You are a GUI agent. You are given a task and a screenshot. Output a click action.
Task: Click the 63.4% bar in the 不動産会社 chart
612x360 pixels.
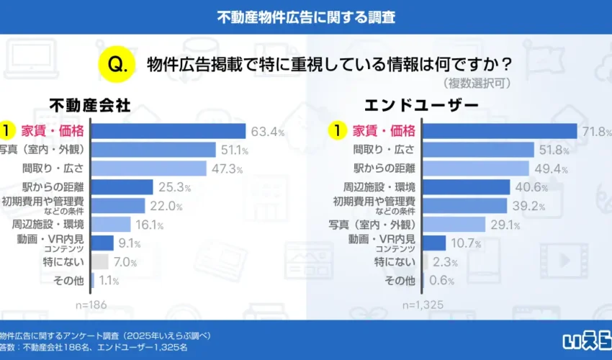(x=169, y=131)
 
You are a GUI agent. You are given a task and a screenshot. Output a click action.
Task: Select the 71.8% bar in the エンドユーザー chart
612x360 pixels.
(x=499, y=131)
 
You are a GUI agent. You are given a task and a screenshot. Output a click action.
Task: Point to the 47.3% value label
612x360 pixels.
(x=227, y=169)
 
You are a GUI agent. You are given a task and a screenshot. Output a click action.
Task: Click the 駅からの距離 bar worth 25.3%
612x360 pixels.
(x=122, y=187)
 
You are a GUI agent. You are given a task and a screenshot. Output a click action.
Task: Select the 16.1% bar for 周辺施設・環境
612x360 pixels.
(x=112, y=225)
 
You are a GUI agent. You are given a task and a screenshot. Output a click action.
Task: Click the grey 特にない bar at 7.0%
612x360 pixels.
(x=100, y=262)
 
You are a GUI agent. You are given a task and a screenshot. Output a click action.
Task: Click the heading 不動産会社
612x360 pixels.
(x=90, y=105)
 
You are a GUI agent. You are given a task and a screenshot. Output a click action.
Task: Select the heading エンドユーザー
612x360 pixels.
(x=420, y=105)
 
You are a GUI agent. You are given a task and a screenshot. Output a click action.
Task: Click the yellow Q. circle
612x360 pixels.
(x=117, y=63)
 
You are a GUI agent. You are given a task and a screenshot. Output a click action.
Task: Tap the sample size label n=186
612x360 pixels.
(x=91, y=305)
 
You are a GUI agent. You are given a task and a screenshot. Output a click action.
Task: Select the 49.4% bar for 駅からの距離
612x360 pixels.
(x=475, y=168)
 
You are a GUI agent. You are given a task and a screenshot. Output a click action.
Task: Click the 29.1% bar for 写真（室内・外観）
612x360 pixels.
(x=454, y=225)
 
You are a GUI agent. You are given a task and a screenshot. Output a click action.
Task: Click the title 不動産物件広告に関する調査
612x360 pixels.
(x=306, y=17)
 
